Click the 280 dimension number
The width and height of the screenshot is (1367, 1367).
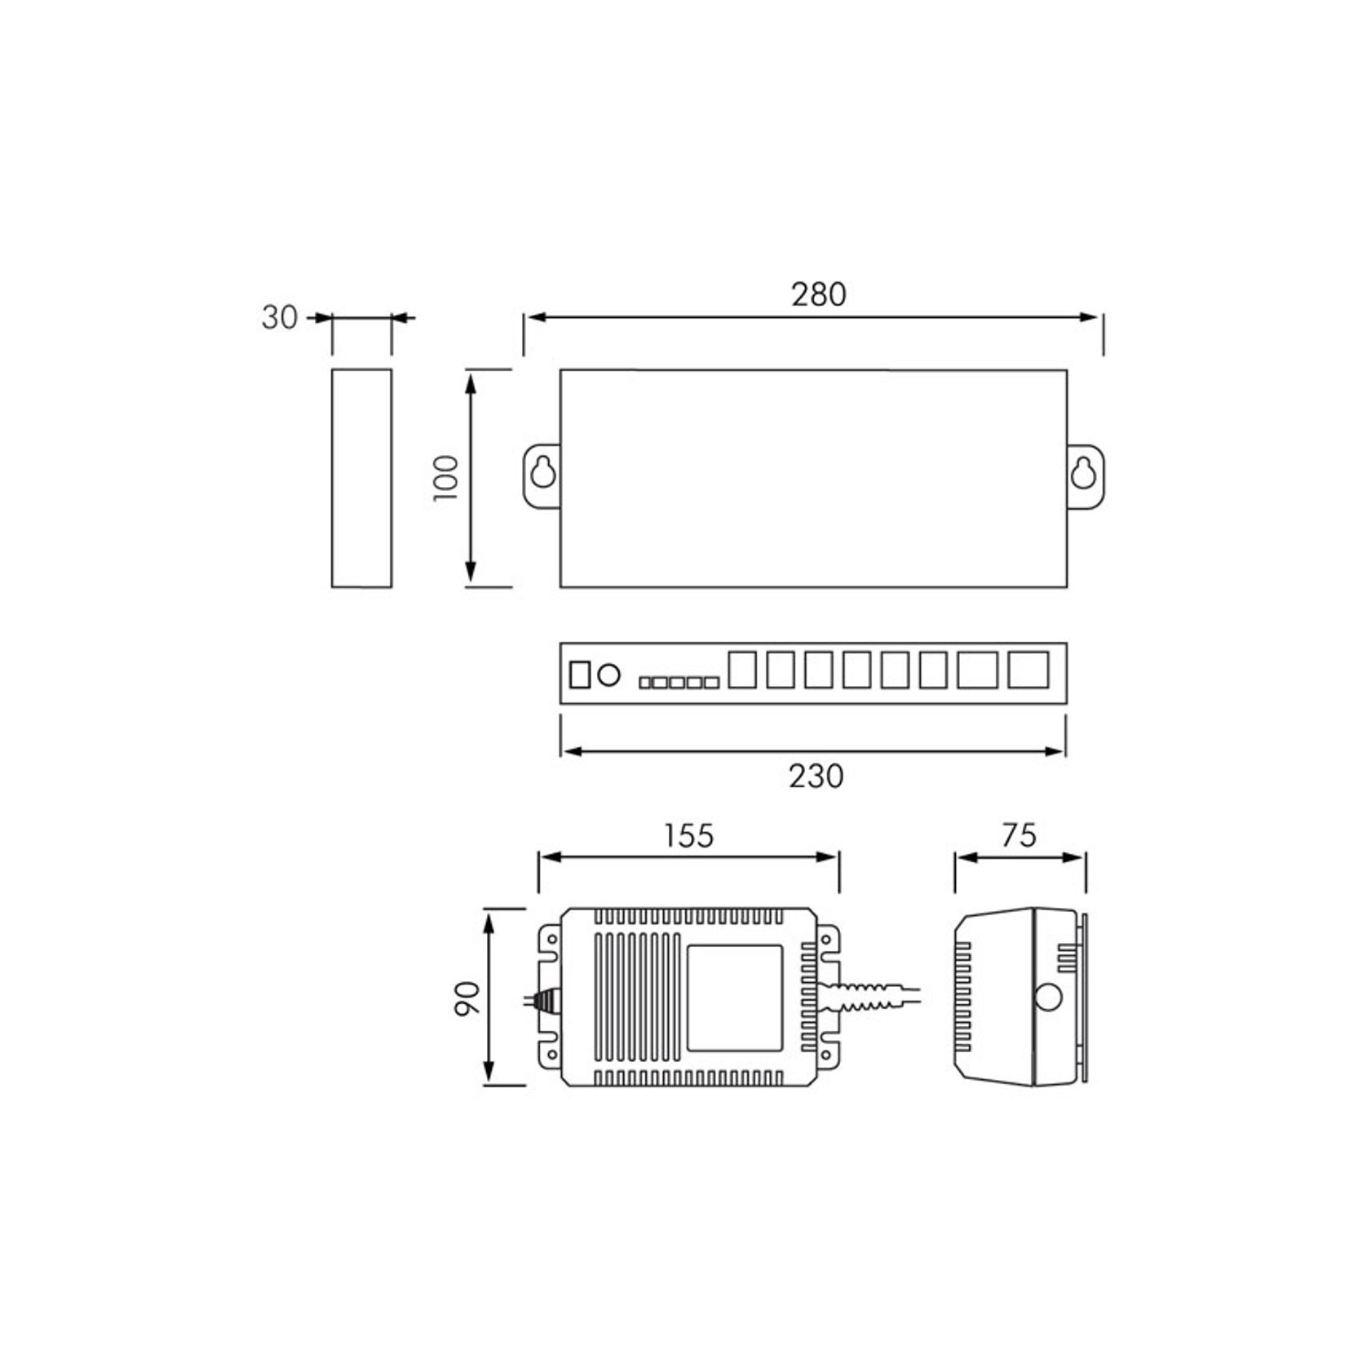click(x=818, y=294)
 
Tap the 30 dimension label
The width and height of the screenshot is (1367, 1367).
click(x=279, y=317)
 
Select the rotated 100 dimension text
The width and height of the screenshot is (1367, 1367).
click(x=447, y=478)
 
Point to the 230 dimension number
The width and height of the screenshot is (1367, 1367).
click(x=816, y=776)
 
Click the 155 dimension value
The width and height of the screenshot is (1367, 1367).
click(x=688, y=836)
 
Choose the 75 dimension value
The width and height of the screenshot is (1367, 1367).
click(x=1019, y=835)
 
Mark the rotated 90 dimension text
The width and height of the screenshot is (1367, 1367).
click(x=467, y=998)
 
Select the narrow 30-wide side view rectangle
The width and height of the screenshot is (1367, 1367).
click(x=361, y=478)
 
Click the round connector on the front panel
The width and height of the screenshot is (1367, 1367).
click(x=608, y=675)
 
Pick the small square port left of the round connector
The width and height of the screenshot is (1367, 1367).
click(x=579, y=675)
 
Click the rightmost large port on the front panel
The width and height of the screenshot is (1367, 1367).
click(x=1028, y=670)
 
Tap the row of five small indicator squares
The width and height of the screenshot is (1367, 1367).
click(x=679, y=682)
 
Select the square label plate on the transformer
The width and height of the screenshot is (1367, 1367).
click(x=735, y=998)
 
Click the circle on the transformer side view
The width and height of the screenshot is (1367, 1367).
click(x=1047, y=998)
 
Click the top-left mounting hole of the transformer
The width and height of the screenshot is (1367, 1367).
click(x=552, y=940)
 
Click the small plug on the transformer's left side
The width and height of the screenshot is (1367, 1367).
click(x=545, y=998)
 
